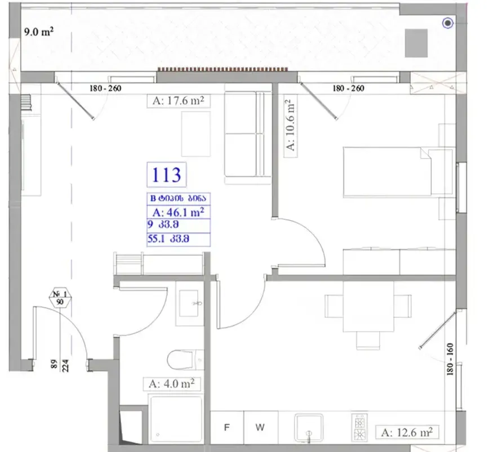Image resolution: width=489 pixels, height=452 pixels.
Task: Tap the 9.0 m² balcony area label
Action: point(38,32)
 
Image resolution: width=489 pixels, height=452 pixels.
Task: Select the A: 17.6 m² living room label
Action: point(178,101)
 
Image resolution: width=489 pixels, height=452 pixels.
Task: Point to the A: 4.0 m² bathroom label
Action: point(171,384)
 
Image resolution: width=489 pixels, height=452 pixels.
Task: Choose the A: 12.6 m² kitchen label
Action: point(406,432)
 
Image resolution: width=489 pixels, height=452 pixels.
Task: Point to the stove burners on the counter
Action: point(358,428)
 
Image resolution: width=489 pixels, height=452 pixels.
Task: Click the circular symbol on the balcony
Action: point(448,23)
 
